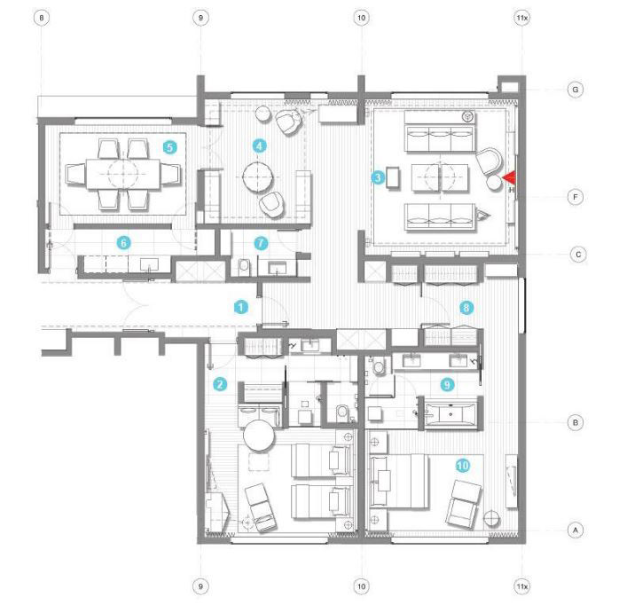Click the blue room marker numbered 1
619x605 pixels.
coord(241,307)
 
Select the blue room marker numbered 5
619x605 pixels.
coord(169,147)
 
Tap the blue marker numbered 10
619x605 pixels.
coord(463,466)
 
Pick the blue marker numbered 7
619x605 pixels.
coord(261,243)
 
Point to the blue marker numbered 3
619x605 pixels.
coord(378,177)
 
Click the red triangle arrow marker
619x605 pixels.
coord(509,177)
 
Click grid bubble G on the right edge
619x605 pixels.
coord(576,90)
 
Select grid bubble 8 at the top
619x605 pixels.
coord(42,18)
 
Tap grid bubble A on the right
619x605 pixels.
coord(576,530)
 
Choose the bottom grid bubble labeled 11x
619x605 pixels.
coord(521,586)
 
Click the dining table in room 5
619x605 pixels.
coord(123,174)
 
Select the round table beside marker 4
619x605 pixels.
coord(258,177)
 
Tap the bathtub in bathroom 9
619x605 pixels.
coord(451,414)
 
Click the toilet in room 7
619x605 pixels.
coord(245,266)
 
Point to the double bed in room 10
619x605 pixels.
coord(398,481)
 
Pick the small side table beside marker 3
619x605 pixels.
coord(392,177)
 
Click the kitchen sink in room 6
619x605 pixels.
coord(149,263)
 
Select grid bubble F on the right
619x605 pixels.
coord(576,197)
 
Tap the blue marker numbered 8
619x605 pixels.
coord(466,307)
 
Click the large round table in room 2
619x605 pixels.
coord(259,436)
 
